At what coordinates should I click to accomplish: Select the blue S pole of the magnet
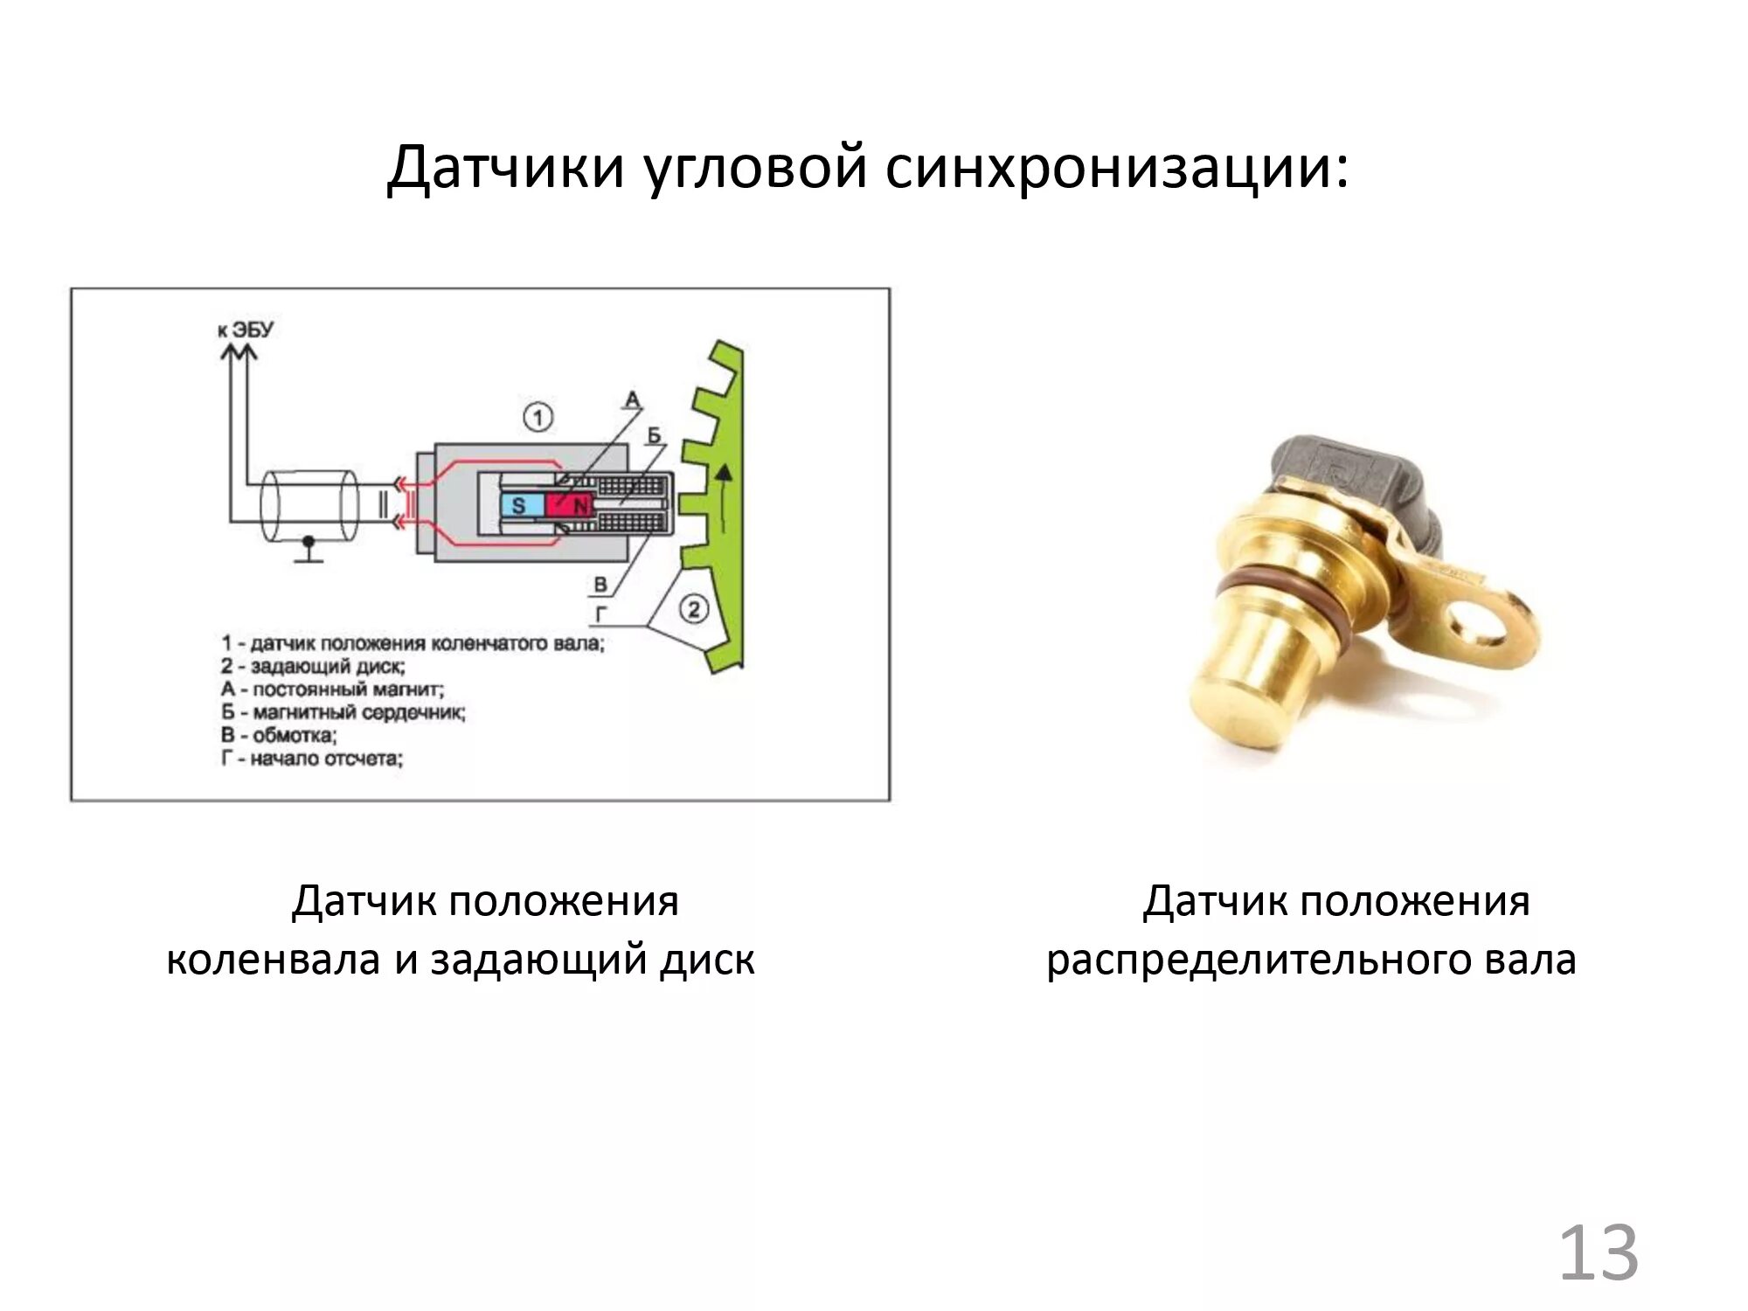(x=519, y=505)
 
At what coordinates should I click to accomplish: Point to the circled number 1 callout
(x=538, y=417)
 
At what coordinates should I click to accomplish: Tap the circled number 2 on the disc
(x=693, y=608)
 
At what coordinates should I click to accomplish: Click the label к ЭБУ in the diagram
(x=246, y=329)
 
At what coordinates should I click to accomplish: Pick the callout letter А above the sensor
(x=632, y=400)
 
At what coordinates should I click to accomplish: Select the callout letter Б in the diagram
(x=655, y=435)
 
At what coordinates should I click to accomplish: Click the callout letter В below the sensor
(x=600, y=584)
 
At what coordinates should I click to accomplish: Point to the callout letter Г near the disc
(x=600, y=615)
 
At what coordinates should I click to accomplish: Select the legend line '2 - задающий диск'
(x=313, y=667)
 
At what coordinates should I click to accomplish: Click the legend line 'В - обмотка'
(x=279, y=735)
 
